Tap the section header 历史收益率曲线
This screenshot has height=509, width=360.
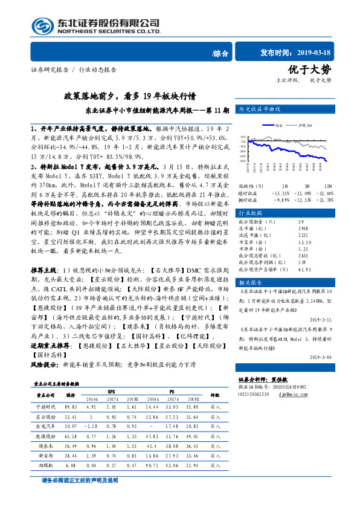coord(260,109)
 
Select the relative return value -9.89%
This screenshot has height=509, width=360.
coord(283,199)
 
